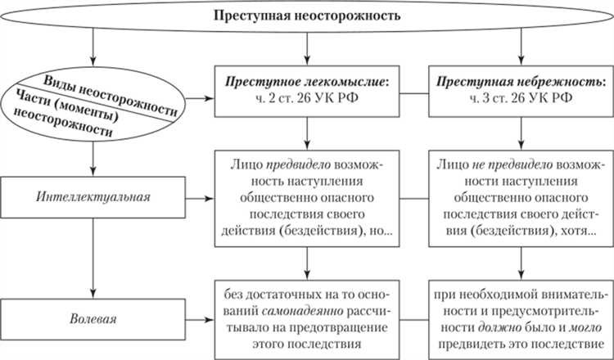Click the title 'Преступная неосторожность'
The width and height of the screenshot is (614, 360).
307,16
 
